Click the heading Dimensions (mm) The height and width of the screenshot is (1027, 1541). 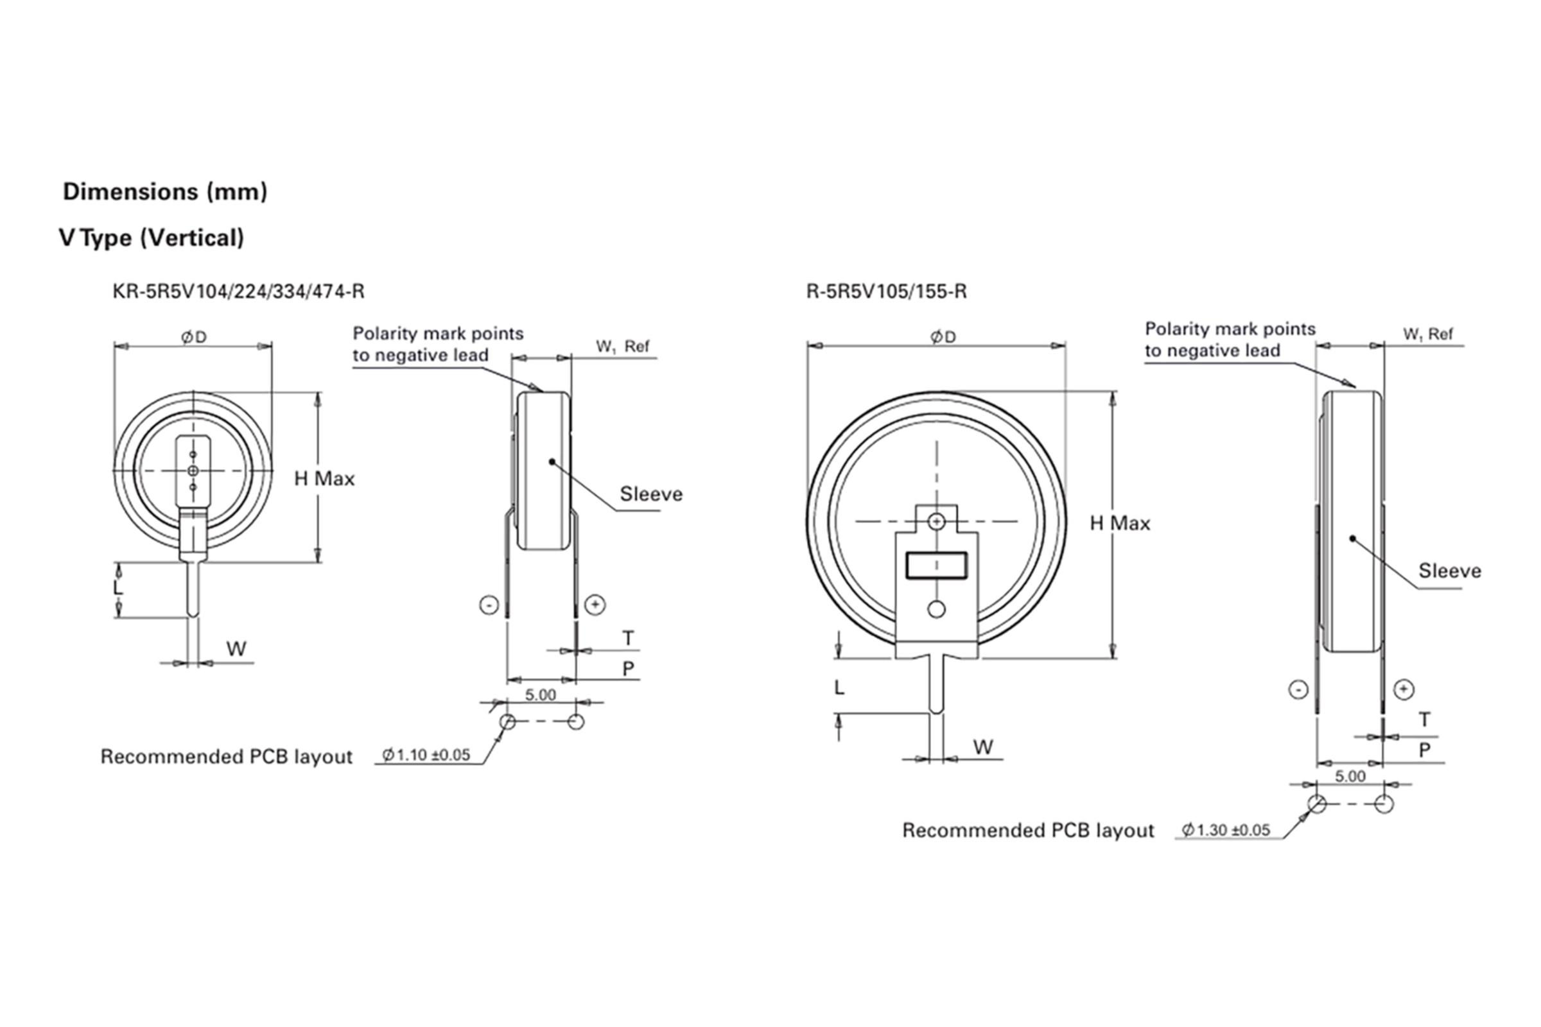tap(165, 192)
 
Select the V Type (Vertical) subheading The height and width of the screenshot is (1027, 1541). tap(152, 237)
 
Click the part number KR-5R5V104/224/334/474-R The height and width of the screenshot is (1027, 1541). tap(238, 291)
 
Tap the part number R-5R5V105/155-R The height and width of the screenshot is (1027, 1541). tap(886, 291)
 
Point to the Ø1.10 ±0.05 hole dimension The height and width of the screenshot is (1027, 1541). tap(426, 755)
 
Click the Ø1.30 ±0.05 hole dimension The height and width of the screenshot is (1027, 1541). tap(1225, 830)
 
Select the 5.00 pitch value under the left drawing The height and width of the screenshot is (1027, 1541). tap(541, 695)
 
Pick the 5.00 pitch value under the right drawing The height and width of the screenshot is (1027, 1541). tap(1350, 776)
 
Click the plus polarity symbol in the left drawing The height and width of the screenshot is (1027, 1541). tap(595, 605)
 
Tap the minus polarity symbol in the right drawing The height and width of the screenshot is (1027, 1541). tap(1298, 689)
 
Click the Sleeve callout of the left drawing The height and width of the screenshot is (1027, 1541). tap(650, 494)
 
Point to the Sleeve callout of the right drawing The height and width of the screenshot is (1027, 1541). tap(1449, 571)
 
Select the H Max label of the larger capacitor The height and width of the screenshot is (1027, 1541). tap(1120, 523)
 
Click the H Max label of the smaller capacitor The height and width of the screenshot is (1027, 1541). tap(324, 479)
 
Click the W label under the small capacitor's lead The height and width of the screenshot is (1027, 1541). tap(236, 649)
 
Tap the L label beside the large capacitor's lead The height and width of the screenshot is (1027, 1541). tap(839, 687)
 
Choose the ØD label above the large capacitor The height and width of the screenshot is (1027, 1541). tap(943, 336)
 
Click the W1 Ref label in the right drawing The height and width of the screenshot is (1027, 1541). tap(1427, 334)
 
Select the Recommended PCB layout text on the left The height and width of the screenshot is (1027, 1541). tap(226, 757)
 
